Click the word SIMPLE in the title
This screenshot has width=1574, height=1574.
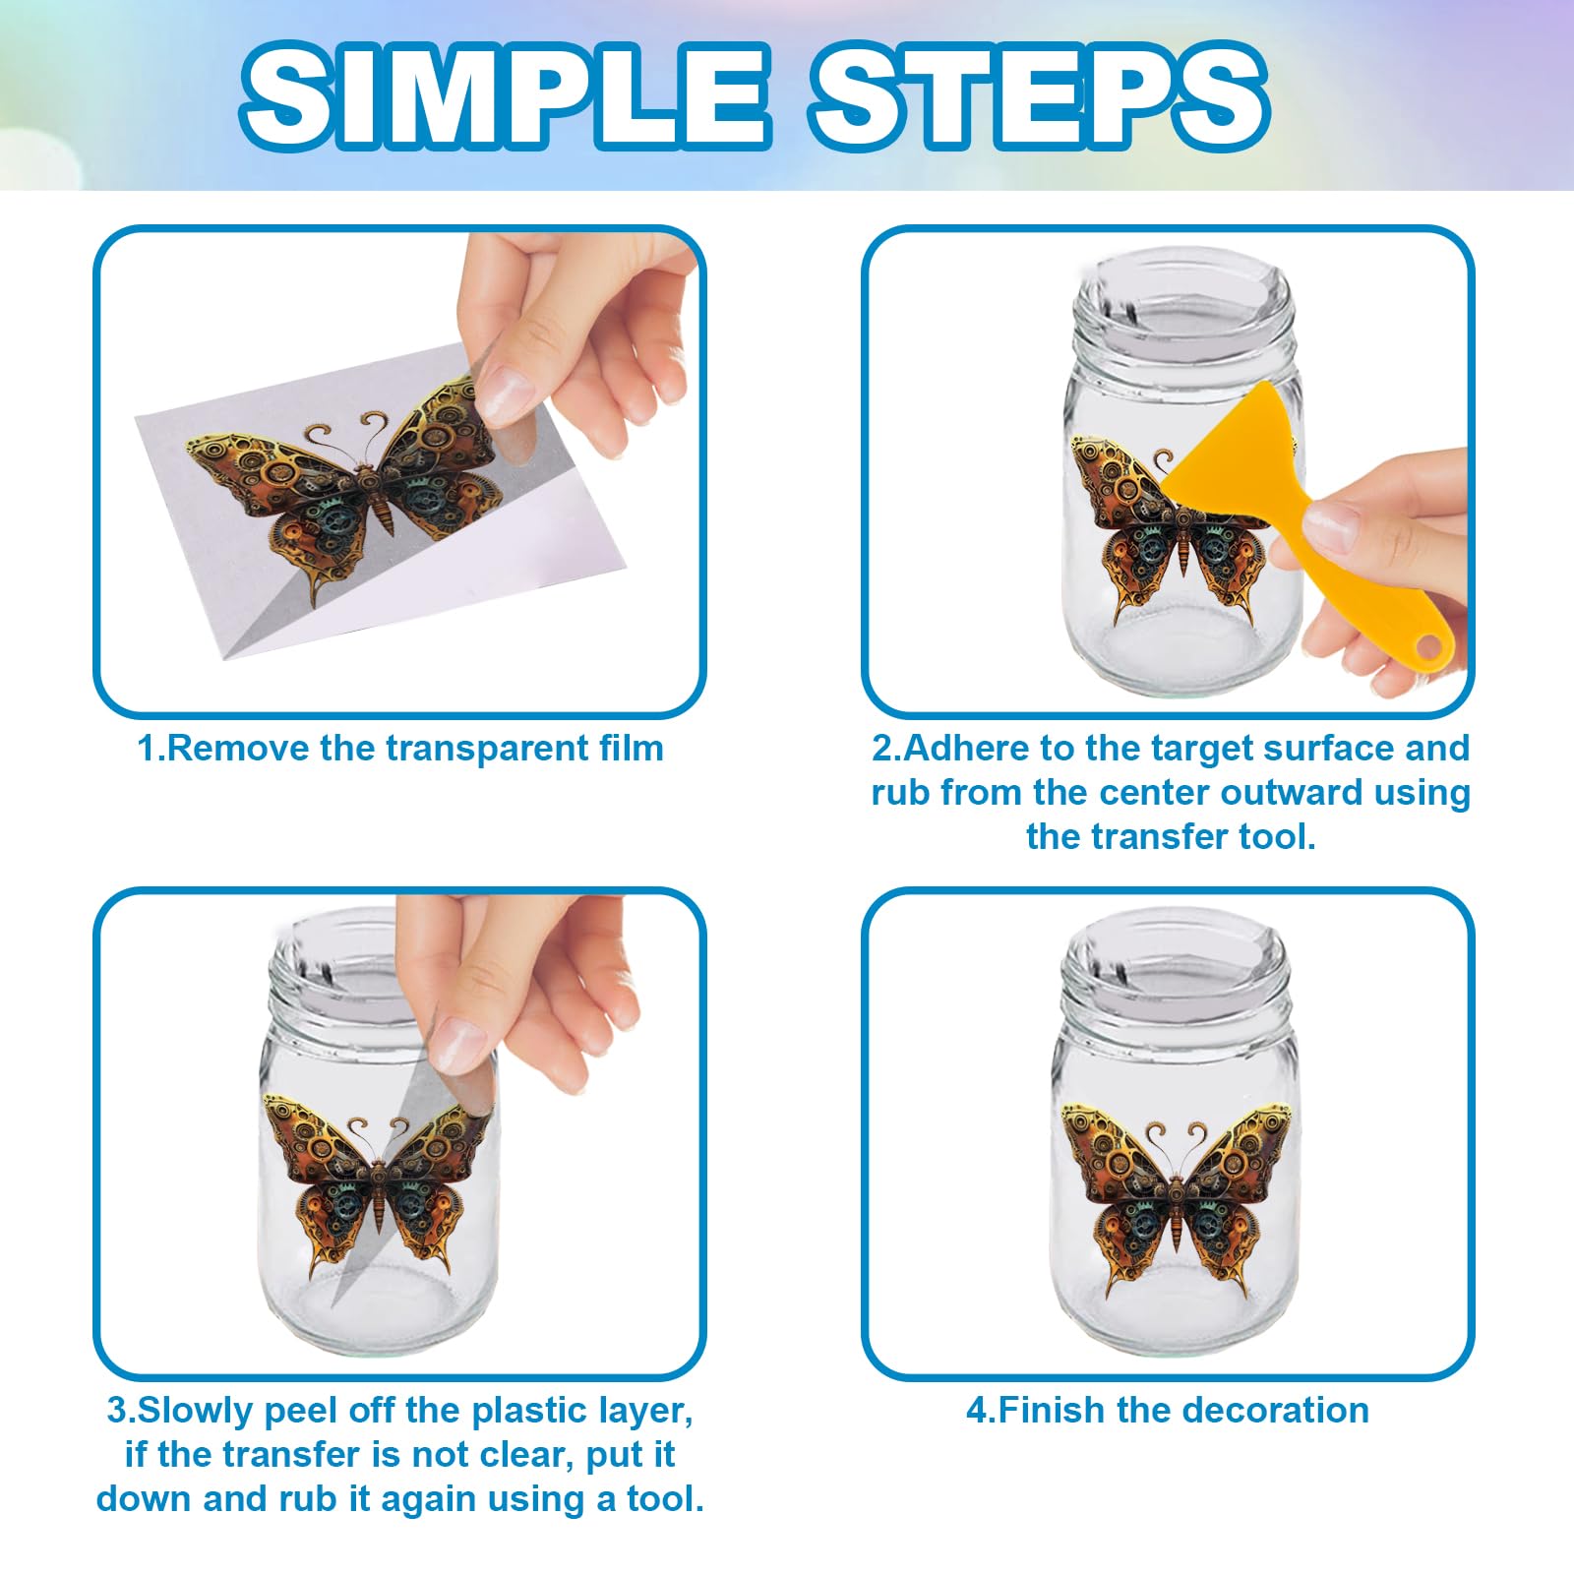[x=504, y=96]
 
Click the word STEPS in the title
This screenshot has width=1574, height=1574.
[x=1041, y=96]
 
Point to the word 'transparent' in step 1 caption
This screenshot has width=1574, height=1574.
[x=487, y=749]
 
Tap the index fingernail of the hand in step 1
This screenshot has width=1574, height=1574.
[x=506, y=393]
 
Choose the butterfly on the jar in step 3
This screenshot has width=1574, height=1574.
[x=378, y=1184]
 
